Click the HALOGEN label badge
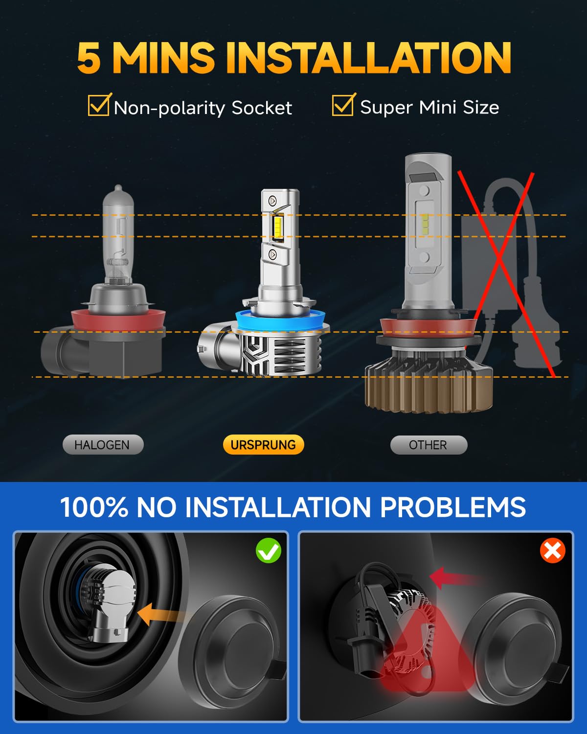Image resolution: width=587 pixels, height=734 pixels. click(103, 445)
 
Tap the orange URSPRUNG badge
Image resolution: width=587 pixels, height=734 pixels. click(263, 445)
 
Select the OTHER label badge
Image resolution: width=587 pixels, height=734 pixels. click(429, 445)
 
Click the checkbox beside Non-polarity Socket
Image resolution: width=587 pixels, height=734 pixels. click(98, 105)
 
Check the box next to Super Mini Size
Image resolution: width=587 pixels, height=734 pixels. click(342, 105)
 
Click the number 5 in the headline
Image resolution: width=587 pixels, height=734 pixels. click(89, 58)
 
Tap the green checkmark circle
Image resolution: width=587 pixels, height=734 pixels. click(269, 550)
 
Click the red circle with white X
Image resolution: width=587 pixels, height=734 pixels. click(553, 551)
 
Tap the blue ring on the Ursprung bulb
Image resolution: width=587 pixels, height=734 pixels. click(284, 321)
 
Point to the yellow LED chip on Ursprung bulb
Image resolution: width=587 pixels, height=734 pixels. click(278, 228)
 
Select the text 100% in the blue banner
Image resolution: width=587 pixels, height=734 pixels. click(94, 507)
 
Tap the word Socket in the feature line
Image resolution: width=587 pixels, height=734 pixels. click(262, 108)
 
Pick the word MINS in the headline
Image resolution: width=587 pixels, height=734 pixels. click(163, 58)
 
